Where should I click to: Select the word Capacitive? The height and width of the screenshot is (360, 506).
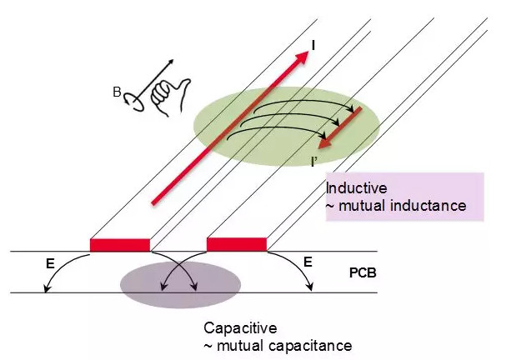coord(237,328)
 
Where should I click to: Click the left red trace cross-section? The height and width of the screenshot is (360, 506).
coord(120,244)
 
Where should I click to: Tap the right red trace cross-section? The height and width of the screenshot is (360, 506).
coord(237,244)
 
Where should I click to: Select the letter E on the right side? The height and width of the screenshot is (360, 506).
coord(308,262)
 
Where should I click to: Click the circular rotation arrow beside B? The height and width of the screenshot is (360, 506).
coord(132,101)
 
